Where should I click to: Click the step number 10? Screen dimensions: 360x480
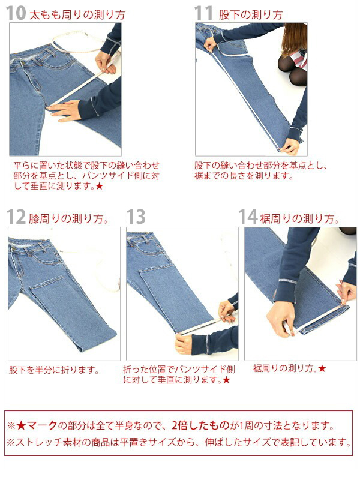pyautogui.click(x=16, y=13)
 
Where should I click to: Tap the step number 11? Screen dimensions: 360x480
pyautogui.click(x=203, y=13)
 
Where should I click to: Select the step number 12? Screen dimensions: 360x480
pyautogui.click(x=16, y=217)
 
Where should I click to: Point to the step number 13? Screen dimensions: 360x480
pyautogui.click(x=136, y=217)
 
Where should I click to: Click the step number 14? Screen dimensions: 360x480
pyautogui.click(x=248, y=217)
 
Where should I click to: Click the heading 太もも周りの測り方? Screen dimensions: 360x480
pyautogui.click(x=77, y=14)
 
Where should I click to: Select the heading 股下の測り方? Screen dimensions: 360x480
pyautogui.click(x=250, y=14)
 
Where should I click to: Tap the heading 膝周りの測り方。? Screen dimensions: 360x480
pyautogui.click(x=68, y=218)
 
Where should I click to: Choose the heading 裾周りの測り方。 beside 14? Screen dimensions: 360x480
pyautogui.click(x=299, y=218)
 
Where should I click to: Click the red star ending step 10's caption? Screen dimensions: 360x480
pyautogui.click(x=99, y=186)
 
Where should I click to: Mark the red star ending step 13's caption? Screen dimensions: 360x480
pyautogui.click(x=226, y=380)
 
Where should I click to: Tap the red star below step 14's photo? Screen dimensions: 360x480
pyautogui.click(x=322, y=368)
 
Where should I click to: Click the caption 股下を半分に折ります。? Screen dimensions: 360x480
pyautogui.click(x=54, y=370)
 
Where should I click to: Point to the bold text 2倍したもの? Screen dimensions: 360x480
pyautogui.click(x=200, y=425)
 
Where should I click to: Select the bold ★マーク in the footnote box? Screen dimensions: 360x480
pyautogui.click(x=37, y=425)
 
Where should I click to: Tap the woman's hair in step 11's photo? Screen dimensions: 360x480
pyautogui.click(x=295, y=38)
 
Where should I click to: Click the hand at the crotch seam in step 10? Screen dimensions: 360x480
pyautogui.click(x=65, y=111)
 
